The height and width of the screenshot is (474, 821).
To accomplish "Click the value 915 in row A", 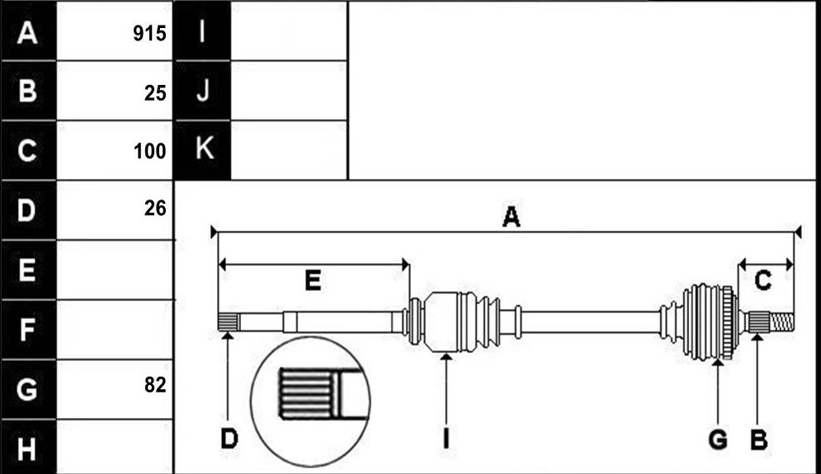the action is point(149,34).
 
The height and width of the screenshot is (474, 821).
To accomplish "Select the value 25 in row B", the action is point(155,93).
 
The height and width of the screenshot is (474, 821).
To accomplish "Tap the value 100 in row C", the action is point(149,151).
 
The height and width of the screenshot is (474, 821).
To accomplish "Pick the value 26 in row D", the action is point(155,209).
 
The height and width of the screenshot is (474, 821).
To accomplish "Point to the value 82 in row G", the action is point(155,385).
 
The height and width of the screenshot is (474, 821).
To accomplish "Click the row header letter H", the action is point(26,449).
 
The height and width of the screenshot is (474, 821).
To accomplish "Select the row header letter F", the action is point(26,330).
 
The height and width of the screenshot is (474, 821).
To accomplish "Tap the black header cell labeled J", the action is point(202,91).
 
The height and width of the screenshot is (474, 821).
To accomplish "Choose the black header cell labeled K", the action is point(202,150).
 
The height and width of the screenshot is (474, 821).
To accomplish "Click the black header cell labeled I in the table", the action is point(202,31).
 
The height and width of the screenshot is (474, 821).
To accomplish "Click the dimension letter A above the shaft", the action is point(511,217).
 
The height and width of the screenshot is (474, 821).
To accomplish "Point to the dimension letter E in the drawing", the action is point(313,281).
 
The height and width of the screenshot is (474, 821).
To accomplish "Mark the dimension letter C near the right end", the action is point(763,281).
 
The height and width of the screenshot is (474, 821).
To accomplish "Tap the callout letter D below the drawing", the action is point(229,439).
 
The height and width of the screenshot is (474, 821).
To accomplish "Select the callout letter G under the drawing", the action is point(718,439).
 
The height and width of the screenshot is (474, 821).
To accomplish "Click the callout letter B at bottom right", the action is point(758,439).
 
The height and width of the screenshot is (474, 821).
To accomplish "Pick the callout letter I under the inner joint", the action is point(446,439).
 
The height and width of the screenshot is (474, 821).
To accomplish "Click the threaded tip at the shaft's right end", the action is point(781,321).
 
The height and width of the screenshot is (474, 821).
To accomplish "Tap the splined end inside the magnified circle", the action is point(306,393).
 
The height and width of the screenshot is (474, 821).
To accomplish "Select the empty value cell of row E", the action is point(114,270).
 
